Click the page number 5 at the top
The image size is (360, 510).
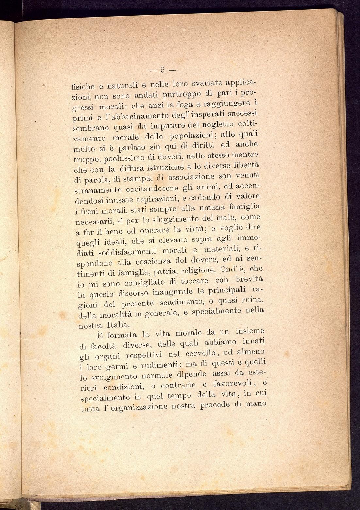(x=162, y=70)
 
